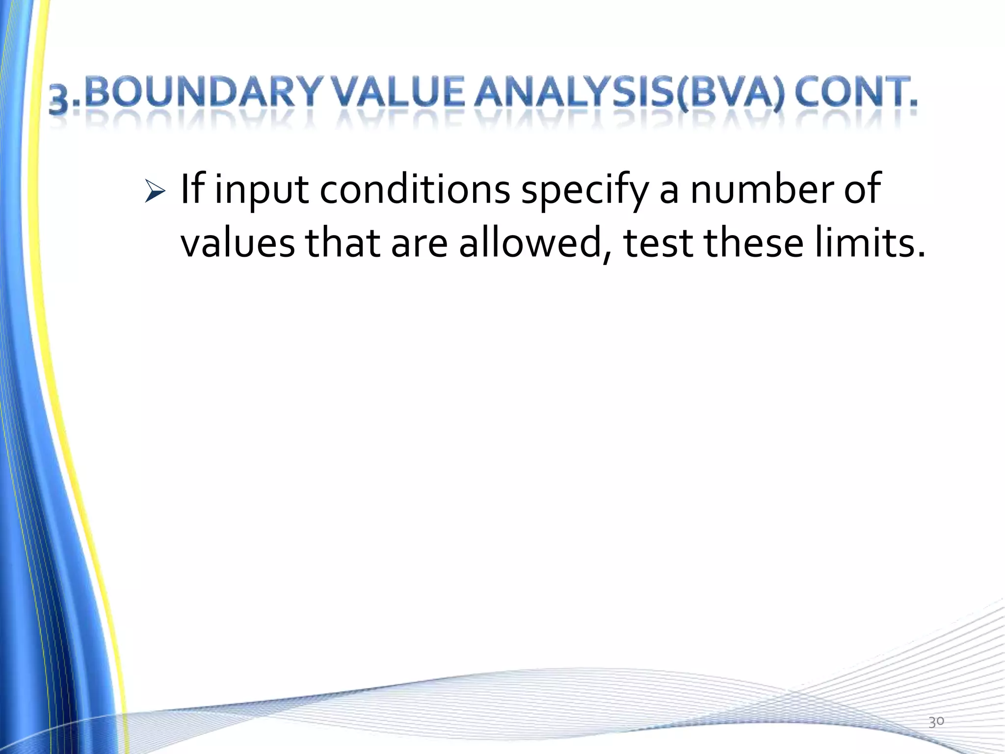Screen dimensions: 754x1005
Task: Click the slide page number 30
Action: [936, 722]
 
